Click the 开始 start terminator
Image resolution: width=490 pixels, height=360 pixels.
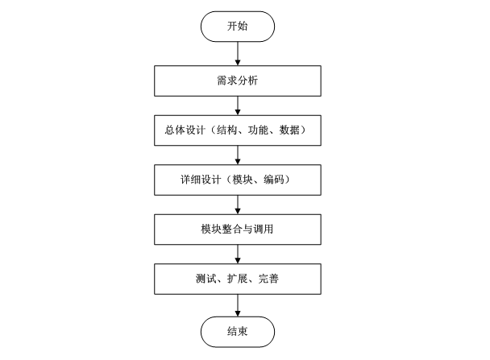[x=238, y=27]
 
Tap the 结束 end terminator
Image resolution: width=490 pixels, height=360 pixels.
[x=238, y=329]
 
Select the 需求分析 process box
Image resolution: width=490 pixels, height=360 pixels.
[x=238, y=80]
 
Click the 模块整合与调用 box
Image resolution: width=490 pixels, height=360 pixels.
[x=238, y=230]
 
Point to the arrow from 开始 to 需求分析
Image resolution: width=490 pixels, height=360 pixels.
[x=238, y=52]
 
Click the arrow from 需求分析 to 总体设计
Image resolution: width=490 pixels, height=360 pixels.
[x=238, y=104]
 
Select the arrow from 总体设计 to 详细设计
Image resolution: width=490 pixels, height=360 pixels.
[x=238, y=154]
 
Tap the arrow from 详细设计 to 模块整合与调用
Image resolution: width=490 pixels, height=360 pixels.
[x=238, y=204]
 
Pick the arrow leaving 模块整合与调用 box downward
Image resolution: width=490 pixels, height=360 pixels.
[x=238, y=254]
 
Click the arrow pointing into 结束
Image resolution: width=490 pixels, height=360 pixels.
[x=238, y=304]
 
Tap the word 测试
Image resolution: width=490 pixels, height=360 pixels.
[x=206, y=279]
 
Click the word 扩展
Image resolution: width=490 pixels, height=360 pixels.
[x=238, y=279]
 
